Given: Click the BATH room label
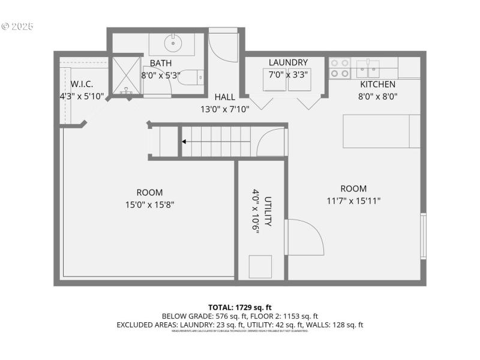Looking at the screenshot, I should [x=160, y=63].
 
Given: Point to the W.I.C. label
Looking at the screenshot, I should [x=82, y=83].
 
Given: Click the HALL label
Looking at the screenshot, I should [x=224, y=97].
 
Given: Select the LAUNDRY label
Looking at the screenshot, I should [x=288, y=62].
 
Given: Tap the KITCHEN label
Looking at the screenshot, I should [x=377, y=84].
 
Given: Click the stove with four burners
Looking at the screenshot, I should [x=340, y=68].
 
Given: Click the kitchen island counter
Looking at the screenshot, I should [x=381, y=131].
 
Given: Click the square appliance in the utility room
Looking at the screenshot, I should [x=260, y=266].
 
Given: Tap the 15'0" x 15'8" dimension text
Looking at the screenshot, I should [x=149, y=205].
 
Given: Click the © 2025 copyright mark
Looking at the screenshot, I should [x=18, y=26].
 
